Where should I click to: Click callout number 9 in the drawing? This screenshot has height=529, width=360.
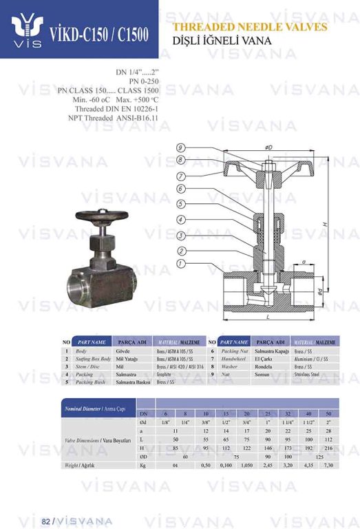pos(180,147)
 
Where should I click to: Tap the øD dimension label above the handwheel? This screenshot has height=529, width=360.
pos(268,147)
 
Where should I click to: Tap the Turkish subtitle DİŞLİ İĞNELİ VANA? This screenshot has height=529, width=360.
pos(222,41)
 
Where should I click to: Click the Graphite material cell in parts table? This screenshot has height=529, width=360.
pos(167,375)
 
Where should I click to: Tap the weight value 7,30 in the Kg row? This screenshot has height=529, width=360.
pos(328,465)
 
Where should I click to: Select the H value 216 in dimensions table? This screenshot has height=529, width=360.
pos(328,447)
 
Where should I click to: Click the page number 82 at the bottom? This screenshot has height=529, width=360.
pos(46,520)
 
